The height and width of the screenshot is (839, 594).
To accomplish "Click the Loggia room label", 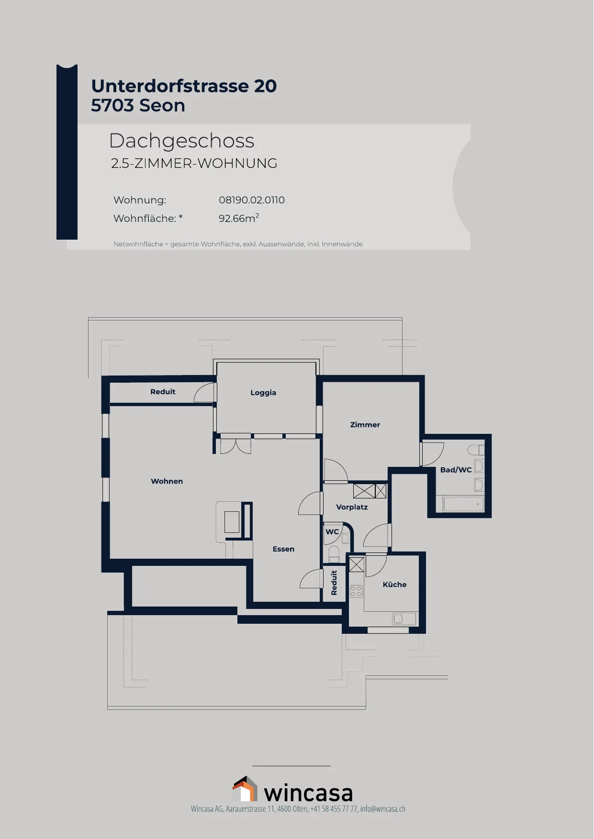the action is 263,393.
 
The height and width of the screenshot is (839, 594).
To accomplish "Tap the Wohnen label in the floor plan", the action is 167,481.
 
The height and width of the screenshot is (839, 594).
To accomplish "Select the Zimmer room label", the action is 365,425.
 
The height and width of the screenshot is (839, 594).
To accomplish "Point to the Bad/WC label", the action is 456,470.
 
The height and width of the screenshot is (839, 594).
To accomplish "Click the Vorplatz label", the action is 352,507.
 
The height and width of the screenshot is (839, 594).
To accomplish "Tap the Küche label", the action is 395,585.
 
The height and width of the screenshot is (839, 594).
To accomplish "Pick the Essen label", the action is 283,549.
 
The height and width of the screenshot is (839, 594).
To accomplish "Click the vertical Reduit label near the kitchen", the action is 334,583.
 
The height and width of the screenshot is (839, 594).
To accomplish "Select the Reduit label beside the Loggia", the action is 163,392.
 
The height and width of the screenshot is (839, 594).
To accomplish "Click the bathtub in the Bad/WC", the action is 464,504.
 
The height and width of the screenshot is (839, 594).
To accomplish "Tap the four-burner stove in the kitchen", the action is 356,591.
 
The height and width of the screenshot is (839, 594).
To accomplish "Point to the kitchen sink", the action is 404,619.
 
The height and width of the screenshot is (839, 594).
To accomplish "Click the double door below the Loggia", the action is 235,446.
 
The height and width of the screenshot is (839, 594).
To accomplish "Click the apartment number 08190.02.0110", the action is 252,200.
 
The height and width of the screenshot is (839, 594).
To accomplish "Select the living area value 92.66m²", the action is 239,218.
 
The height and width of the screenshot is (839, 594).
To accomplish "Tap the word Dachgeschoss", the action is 182,141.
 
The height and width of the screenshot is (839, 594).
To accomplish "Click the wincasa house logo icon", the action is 245,789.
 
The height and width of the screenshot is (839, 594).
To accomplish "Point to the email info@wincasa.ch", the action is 383,809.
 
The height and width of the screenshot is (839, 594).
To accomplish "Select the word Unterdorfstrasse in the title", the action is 170,86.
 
